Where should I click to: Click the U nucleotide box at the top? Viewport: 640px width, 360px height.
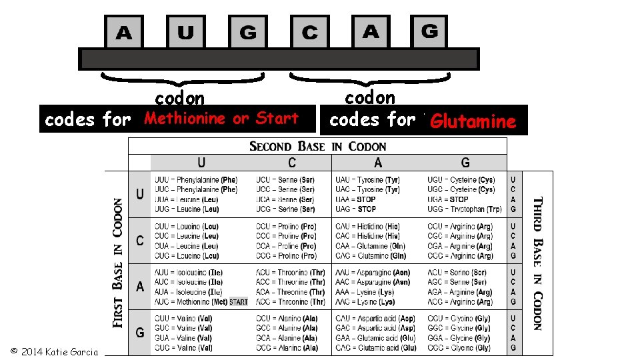point(186,33)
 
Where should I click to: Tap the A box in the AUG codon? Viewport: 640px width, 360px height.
point(124,33)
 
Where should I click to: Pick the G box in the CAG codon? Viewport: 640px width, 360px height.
point(429,31)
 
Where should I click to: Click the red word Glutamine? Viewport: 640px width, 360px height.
point(473,121)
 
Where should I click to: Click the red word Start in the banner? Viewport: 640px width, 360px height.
point(277,119)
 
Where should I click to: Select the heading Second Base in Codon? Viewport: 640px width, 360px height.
point(317,146)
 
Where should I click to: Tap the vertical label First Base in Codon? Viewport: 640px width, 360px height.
point(118,263)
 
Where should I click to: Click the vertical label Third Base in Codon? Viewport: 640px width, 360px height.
point(537,263)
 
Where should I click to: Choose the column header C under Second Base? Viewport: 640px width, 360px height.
point(292,163)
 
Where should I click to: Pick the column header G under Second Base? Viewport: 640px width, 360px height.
point(465,163)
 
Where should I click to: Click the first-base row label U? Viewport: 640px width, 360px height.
point(140,194)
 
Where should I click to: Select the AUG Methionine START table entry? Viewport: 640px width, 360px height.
point(201,302)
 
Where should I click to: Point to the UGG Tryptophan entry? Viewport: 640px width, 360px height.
point(461,209)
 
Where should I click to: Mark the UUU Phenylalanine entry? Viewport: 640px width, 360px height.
point(195,180)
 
